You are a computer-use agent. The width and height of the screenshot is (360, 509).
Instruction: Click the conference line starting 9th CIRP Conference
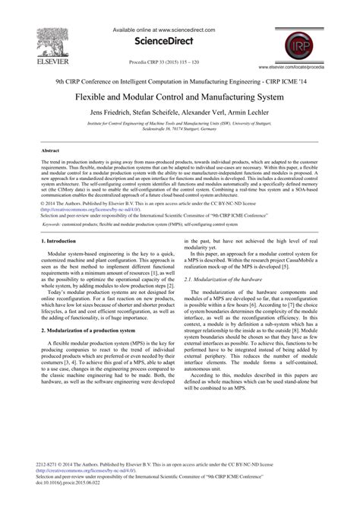coord(180,81)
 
